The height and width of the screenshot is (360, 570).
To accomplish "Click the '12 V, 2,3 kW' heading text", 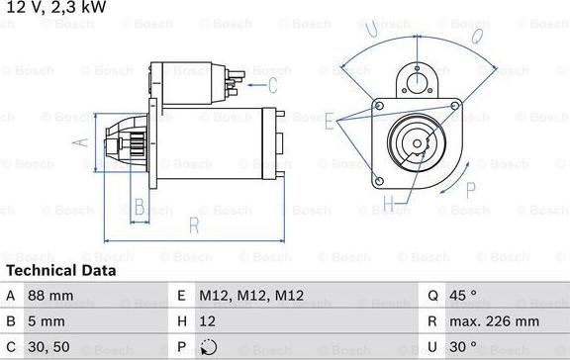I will click(x=55, y=8).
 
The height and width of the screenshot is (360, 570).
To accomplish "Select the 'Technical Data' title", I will click(x=60, y=270).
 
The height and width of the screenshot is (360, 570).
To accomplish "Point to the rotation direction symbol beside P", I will click(x=207, y=348).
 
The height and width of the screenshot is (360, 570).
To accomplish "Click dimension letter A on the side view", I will click(x=82, y=141).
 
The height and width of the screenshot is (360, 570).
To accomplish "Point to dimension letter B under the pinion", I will click(x=141, y=207).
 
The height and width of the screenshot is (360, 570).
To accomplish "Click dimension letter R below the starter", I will click(x=194, y=226).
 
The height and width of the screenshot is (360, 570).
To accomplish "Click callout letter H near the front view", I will click(x=388, y=204).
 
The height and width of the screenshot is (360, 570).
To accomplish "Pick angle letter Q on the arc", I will click(x=476, y=37).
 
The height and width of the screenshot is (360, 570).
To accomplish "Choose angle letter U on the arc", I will click(x=372, y=32).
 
